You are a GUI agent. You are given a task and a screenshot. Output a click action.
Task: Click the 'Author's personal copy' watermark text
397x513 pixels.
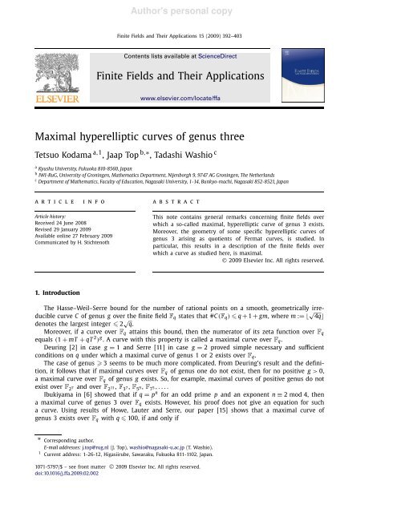[x=198, y=10]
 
